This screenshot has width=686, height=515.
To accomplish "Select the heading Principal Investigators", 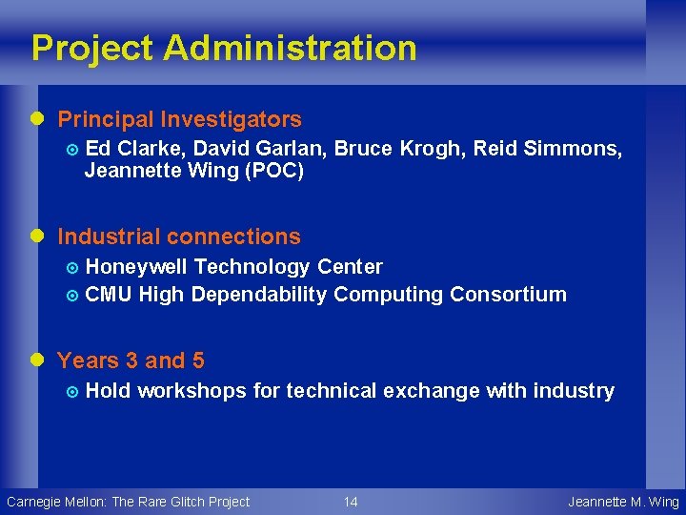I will (x=179, y=119).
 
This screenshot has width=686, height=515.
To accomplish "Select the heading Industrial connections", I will (x=178, y=237).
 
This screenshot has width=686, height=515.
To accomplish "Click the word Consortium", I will (x=508, y=295).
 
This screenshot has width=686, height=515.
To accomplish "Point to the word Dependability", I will (x=258, y=295).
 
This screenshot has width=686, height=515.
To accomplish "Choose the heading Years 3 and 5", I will (x=131, y=360).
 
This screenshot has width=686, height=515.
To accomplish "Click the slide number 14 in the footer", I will (x=351, y=502).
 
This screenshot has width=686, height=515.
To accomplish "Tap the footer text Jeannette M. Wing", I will (x=623, y=502).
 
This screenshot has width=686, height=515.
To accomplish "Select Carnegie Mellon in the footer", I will (x=55, y=502).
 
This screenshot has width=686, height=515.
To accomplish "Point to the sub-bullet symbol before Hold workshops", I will (x=74, y=391).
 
